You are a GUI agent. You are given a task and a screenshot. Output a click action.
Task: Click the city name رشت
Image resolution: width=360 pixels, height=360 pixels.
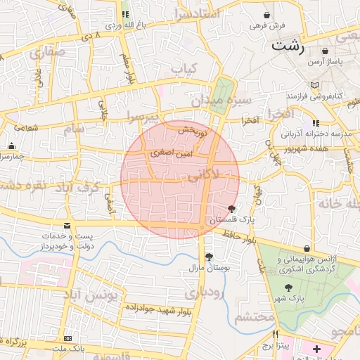pos(288,46)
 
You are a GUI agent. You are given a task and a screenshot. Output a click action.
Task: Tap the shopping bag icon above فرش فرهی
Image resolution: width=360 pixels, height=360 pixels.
pos(267,15)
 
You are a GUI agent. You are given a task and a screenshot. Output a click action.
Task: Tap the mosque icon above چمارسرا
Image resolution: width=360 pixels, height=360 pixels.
pos(11,146)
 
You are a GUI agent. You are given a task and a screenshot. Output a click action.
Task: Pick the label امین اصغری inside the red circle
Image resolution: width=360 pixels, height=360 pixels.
pos(167,152)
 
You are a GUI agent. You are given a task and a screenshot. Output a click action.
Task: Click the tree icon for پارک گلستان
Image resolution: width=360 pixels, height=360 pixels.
pos(233,209)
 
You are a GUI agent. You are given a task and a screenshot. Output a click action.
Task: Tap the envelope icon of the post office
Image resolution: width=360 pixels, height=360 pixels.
pos(67,225)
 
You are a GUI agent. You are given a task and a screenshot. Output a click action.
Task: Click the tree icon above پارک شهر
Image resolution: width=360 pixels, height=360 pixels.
pos(289,287)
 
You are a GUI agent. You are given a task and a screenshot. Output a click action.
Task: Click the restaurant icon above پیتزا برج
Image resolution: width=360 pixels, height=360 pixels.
pos(276,334)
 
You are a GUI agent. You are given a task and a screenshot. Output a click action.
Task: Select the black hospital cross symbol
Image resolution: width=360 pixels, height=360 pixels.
pos(316,349)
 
